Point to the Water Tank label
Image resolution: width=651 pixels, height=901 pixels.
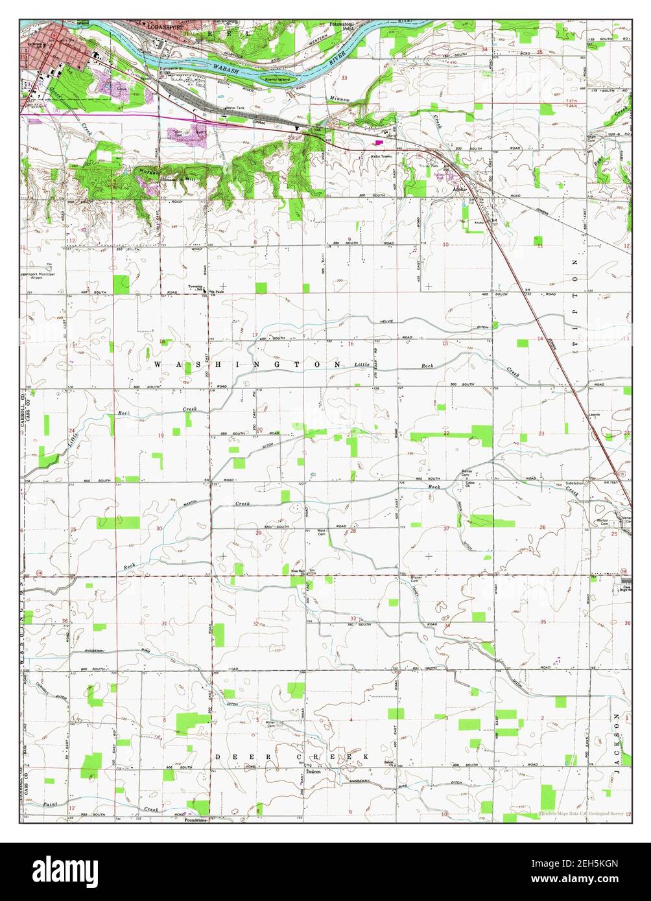click(234, 107)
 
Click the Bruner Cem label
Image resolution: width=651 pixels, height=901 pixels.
click(418, 578)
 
